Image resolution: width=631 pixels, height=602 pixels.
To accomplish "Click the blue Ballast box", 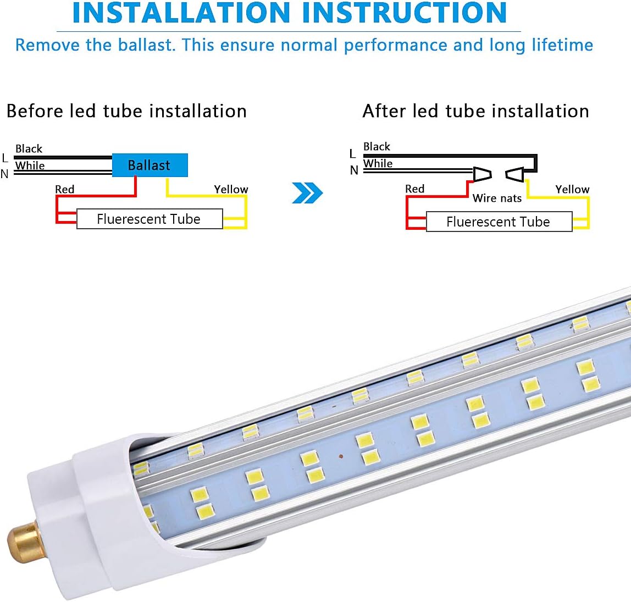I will (150, 165).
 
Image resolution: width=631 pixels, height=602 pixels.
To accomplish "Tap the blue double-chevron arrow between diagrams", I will (307, 193).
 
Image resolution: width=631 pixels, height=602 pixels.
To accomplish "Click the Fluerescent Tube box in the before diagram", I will (149, 219).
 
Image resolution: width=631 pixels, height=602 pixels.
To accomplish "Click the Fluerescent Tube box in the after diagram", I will (499, 222).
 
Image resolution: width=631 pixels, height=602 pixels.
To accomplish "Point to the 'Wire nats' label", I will (497, 198).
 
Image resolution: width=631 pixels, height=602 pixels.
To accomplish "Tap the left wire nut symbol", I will (482, 174).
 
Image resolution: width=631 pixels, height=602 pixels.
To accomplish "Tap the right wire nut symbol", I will (515, 175).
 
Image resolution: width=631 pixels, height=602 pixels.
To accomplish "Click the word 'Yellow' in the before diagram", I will (231, 189).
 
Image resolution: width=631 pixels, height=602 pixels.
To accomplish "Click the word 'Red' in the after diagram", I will (414, 189).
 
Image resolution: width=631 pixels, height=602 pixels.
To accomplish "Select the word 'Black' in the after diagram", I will (377, 146).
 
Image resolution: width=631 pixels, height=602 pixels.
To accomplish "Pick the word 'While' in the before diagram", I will (30, 165).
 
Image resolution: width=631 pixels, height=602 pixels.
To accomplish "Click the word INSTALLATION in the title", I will (181, 13).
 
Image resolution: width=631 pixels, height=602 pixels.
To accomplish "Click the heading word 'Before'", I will (35, 111).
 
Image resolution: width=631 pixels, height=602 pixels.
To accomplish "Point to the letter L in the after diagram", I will (352, 154).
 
